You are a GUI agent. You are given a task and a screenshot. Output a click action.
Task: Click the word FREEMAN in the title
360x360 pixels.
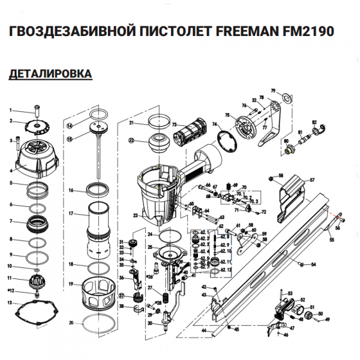click(254, 32)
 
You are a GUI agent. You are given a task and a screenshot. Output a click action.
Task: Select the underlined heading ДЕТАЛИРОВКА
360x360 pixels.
click(51, 75)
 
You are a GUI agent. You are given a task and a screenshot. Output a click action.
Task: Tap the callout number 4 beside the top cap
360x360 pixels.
click(11, 171)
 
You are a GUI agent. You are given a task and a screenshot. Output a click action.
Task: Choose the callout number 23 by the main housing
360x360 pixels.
click(136, 215)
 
